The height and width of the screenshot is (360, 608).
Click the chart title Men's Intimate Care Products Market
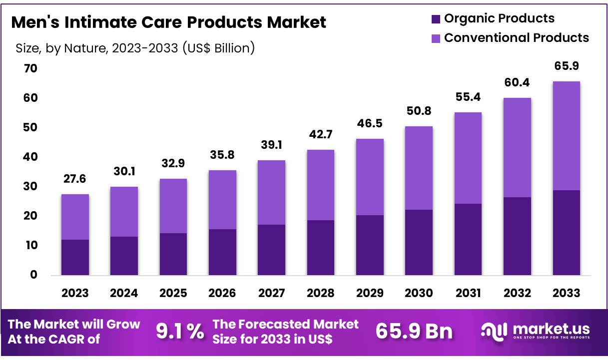(x=168, y=22)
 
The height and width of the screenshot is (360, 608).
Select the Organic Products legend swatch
(x=435, y=19)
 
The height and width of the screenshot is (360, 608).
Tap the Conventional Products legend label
(x=516, y=37)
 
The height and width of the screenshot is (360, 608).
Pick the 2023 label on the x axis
(x=75, y=293)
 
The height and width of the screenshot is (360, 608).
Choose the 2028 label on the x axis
(x=321, y=293)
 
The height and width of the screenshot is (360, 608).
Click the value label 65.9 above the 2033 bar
(x=566, y=66)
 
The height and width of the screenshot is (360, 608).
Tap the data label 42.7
(x=321, y=135)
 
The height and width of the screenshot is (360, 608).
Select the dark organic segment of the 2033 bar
(x=566, y=232)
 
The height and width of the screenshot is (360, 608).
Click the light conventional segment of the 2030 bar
(x=419, y=168)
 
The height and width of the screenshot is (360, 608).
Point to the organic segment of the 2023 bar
(x=75, y=257)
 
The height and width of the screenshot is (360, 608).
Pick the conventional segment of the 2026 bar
(x=222, y=200)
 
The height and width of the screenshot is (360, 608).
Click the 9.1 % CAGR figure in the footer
(x=180, y=331)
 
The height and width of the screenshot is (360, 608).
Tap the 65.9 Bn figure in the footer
(x=414, y=331)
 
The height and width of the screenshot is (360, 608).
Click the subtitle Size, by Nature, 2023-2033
(x=135, y=48)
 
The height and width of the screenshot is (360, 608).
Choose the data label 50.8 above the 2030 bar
(x=419, y=111)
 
